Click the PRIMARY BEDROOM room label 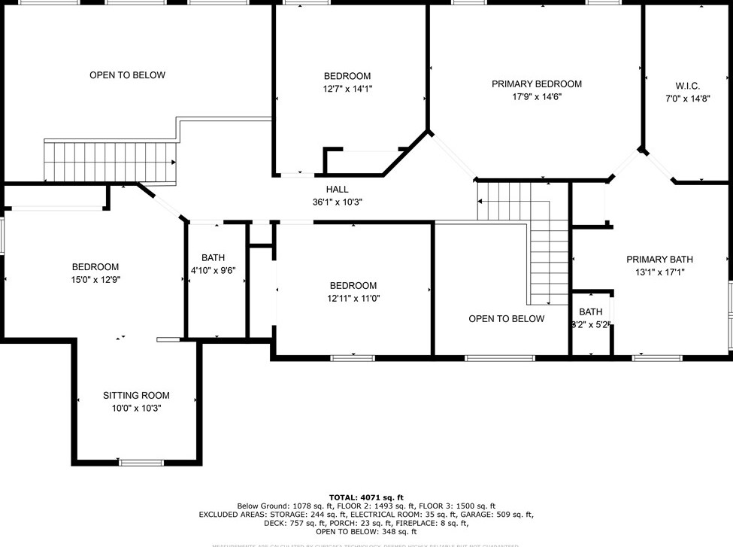536,84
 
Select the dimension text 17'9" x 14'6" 536,97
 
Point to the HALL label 337,189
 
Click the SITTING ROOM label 136,396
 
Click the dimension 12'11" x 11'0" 353,298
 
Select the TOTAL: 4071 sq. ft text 366,497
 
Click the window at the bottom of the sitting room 141,462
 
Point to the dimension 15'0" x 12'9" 95,279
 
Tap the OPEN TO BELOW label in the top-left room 127,75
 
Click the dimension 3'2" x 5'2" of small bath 590,324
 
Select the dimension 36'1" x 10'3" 337,202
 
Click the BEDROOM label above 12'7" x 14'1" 347,76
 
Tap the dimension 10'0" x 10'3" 136,409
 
